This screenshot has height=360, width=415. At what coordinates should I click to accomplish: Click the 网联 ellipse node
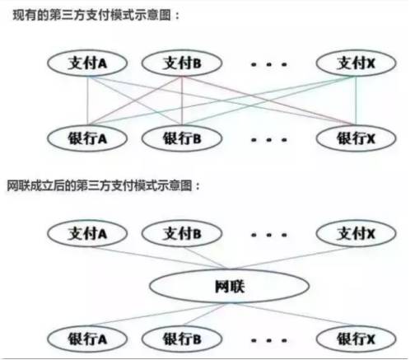229,286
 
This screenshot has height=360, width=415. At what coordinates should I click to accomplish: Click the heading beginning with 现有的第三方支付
96,15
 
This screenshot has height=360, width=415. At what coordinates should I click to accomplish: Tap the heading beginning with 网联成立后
103,185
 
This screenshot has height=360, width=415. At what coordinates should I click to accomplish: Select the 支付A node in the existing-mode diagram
87,63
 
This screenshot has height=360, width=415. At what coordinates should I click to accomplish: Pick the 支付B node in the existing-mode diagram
182,63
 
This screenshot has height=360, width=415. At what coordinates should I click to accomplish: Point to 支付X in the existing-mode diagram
356,63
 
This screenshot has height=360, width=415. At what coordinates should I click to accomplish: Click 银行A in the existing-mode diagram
87,138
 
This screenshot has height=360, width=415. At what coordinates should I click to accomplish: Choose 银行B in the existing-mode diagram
182,138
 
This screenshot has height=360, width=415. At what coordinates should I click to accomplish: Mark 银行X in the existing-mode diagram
356,138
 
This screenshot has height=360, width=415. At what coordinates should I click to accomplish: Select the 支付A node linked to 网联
87,234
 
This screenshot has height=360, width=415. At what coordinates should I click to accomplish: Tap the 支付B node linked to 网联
182,234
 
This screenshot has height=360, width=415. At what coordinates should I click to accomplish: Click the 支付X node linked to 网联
356,234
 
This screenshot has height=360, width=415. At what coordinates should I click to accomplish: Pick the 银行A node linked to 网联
87,339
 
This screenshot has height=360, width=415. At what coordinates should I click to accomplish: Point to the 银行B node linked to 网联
182,339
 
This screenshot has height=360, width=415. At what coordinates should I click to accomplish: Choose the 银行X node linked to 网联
356,339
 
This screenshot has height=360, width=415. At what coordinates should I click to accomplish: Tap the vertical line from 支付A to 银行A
87,101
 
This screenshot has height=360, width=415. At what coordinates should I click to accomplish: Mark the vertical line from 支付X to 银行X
356,101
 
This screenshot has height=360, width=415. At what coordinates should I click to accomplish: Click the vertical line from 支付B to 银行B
182,101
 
